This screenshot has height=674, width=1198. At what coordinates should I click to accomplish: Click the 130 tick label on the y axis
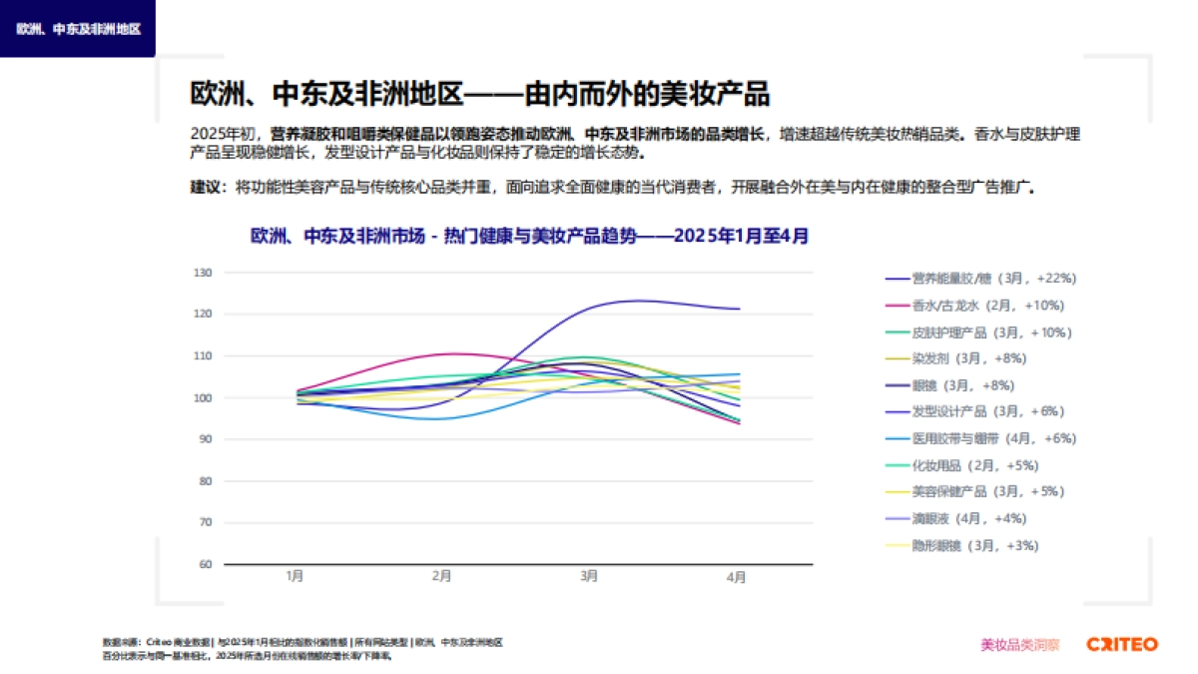point(204,273)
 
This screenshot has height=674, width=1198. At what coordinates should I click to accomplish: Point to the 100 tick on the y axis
point(204,397)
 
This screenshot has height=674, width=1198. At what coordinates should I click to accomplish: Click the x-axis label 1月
point(295,577)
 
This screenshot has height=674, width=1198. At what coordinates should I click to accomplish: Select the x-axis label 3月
point(589,577)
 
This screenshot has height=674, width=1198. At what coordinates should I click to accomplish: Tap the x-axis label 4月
point(736,577)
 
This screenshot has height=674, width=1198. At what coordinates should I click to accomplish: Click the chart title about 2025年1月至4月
point(529,237)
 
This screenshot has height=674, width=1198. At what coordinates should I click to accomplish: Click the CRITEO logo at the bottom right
point(1122,644)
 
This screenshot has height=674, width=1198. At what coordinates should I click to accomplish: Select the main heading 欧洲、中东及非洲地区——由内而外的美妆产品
point(479,94)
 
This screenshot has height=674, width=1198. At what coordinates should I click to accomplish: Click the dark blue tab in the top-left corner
point(78,28)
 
